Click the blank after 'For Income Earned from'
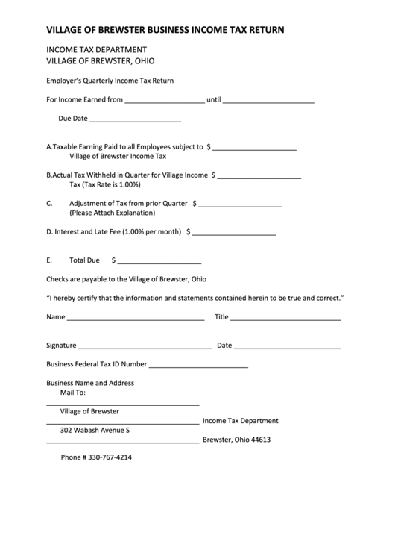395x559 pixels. (165, 100)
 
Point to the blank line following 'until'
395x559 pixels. (268, 100)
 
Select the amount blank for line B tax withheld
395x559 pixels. (259, 177)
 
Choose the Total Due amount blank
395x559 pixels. (159, 263)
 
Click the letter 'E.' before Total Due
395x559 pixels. (49, 261)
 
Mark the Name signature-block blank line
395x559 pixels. (136, 319)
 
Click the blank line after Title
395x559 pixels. (286, 319)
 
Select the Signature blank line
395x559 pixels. (145, 347)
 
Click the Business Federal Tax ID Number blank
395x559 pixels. (198, 366)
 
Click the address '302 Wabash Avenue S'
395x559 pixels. (95, 431)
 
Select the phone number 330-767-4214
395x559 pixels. (96, 457)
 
